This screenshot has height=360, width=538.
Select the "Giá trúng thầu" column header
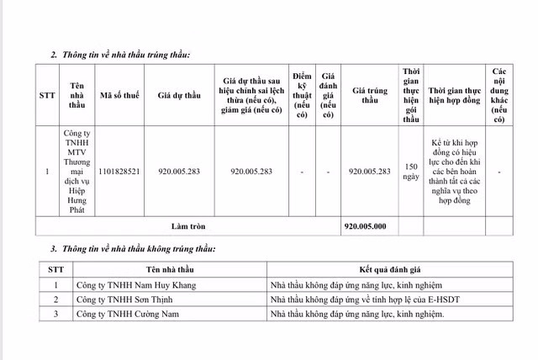(370, 96)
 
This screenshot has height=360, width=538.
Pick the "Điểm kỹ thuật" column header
(302, 96)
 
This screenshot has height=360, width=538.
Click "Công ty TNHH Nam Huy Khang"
(129, 285)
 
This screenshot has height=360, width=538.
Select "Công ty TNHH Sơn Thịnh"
(122, 299)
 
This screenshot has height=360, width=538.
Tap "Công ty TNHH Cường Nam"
(123, 314)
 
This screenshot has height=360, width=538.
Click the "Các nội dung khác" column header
(500, 96)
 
